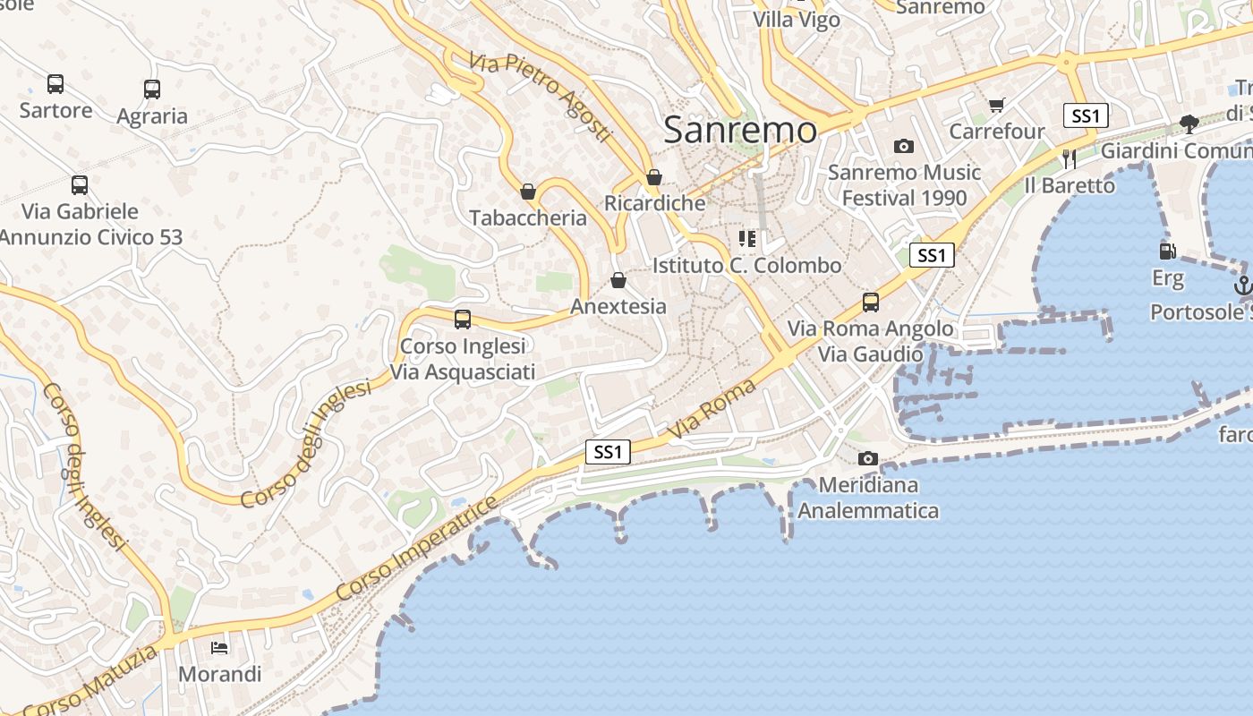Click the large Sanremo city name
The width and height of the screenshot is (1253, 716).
point(740,131)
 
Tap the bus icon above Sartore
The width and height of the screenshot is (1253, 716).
point(55,84)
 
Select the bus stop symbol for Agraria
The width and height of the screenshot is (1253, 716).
point(152,89)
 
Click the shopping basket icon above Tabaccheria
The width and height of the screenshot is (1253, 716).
point(528,192)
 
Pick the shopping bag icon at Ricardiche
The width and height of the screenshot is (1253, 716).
point(654,177)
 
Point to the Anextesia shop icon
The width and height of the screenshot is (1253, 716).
point(618,280)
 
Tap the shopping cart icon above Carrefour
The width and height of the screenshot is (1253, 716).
point(997,106)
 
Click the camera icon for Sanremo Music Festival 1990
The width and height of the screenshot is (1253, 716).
point(904,146)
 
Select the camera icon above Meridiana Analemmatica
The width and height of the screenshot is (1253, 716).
point(867,459)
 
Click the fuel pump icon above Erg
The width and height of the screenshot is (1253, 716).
point(1167,251)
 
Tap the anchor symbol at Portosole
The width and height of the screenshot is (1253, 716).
point(1242,286)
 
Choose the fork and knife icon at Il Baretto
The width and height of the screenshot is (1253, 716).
point(1069,158)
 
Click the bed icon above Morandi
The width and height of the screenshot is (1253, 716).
point(219,647)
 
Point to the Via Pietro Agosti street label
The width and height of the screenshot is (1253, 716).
point(540,98)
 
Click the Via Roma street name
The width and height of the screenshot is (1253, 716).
point(713,409)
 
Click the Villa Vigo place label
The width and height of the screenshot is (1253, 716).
point(797,20)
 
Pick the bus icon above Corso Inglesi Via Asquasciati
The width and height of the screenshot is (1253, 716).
point(463,320)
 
